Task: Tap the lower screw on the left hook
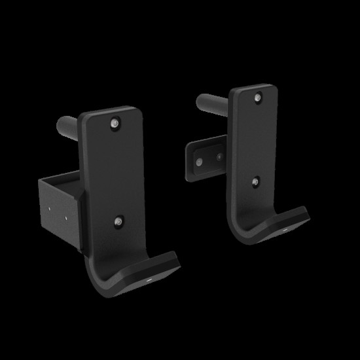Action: (x=118, y=223)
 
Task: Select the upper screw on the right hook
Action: (x=257, y=98)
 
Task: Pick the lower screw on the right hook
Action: (x=256, y=183)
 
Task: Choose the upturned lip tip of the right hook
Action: (x=302, y=213)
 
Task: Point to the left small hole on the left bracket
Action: (x=50, y=209)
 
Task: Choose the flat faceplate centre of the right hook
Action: (x=257, y=141)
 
